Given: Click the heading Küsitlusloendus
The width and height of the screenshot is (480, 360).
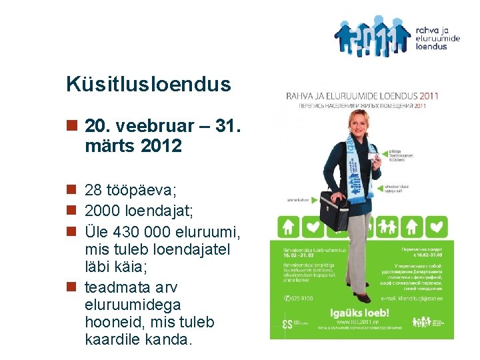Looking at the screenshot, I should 149,85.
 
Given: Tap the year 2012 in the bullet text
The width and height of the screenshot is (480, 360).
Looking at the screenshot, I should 160,145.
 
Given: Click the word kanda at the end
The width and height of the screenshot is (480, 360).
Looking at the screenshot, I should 168,339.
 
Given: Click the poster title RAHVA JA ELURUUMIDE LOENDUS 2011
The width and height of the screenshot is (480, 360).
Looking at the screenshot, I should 361,96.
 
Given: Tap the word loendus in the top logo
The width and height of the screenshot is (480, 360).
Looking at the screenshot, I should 431,47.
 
